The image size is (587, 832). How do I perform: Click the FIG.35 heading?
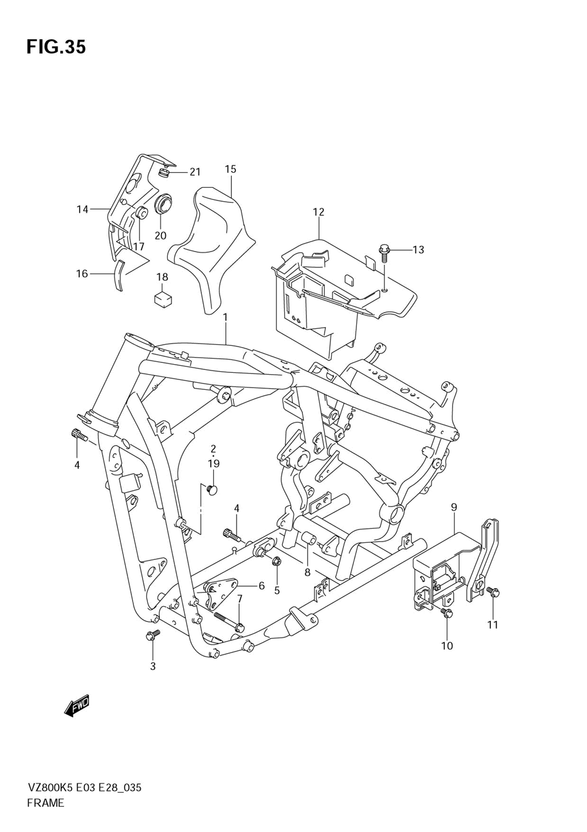56,47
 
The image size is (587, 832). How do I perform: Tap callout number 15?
230,169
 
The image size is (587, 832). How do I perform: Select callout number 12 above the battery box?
318,212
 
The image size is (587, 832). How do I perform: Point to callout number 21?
195,172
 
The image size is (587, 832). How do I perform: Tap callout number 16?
82,274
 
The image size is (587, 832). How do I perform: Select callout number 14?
82,209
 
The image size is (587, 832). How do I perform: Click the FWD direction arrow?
77,707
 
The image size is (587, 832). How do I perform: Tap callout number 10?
447,646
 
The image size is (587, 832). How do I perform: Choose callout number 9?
454,507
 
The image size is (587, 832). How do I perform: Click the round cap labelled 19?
213,488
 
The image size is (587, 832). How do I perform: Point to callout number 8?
307,573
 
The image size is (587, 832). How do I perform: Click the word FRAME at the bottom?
46,803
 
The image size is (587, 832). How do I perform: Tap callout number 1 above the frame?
225,317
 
